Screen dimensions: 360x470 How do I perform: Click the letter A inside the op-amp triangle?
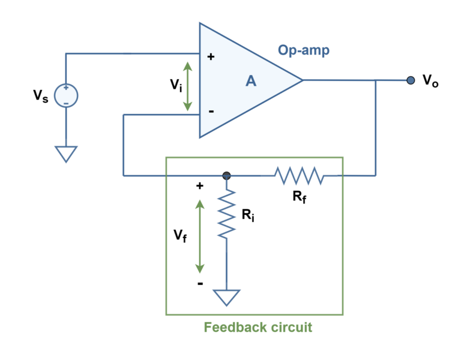tap(251, 81)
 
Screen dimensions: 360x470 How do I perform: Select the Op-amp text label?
tap(303, 50)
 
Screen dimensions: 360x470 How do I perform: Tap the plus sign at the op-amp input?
tap(211, 57)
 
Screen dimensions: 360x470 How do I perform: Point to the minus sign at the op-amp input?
tap(211, 111)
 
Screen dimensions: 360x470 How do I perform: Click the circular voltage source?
tap(66, 95)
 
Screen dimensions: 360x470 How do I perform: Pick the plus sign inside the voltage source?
tap(66, 88)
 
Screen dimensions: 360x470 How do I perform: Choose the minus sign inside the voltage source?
tap(66, 103)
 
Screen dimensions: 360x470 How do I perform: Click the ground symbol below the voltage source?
tap(66, 154)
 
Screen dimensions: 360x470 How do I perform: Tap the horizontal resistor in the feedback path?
tap(299, 176)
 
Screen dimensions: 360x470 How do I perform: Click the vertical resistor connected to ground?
tap(226, 214)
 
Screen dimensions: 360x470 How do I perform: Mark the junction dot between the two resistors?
tap(226, 176)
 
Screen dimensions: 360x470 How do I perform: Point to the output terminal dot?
tap(411, 80)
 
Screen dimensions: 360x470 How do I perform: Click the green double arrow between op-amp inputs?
tap(187, 86)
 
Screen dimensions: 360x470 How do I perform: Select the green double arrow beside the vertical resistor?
tap(200, 236)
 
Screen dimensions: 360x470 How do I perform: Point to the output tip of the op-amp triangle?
tap(301, 80)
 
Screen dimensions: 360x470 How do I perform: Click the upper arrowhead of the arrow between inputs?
tap(187, 65)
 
